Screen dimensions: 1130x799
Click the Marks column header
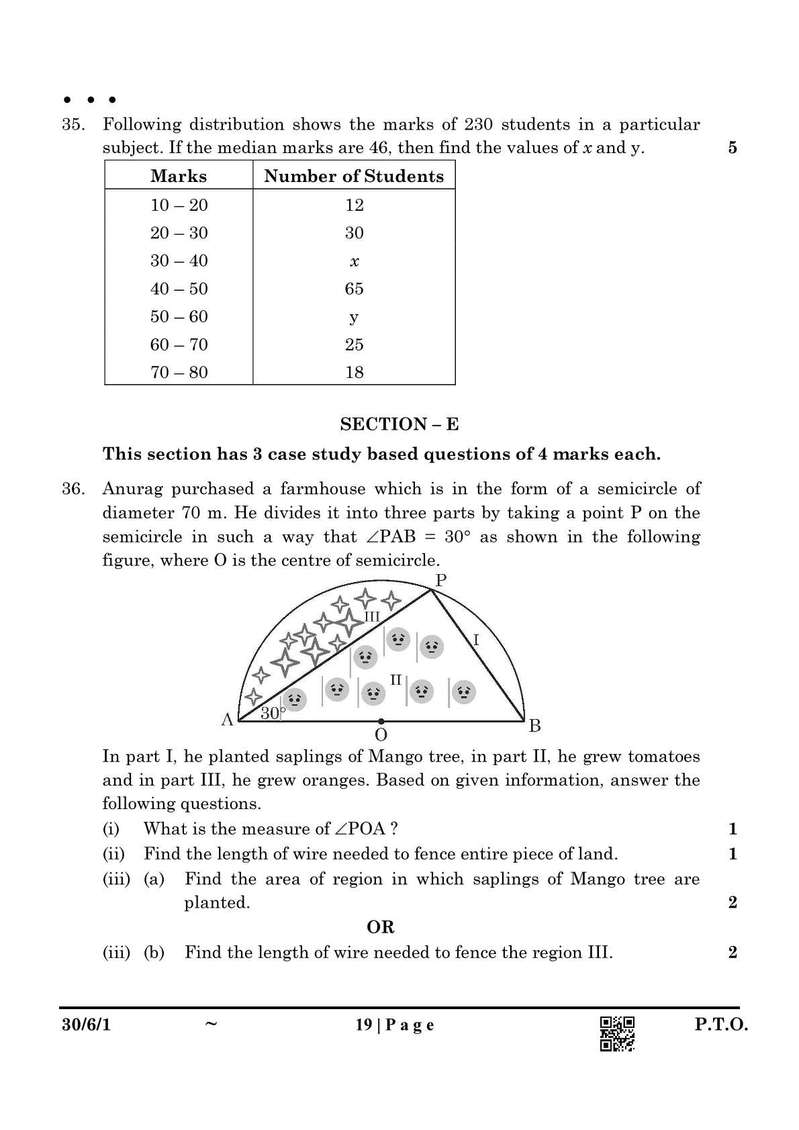[179, 176]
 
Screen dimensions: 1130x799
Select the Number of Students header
[354, 176]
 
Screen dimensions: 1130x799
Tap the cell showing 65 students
[354, 289]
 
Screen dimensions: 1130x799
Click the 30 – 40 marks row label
[179, 261]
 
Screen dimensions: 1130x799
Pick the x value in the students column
[354, 261]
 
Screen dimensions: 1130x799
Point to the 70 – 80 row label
[179, 372]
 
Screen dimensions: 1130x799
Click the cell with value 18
[354, 372]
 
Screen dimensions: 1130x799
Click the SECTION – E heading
[399, 424]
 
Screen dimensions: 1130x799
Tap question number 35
[73, 124]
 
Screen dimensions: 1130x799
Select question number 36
[73, 489]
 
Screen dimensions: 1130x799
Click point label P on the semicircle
[440, 580]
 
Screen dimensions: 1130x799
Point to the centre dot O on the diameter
[381, 721]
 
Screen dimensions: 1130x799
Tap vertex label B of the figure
[534, 725]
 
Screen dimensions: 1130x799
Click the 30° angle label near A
[272, 713]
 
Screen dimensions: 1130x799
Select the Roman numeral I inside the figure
[476, 639]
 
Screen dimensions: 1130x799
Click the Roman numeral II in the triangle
[395, 679]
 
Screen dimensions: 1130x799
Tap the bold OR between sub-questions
[380, 927]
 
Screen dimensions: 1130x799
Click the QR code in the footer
[617, 1033]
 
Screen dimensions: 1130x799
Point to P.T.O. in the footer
[720, 1025]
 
